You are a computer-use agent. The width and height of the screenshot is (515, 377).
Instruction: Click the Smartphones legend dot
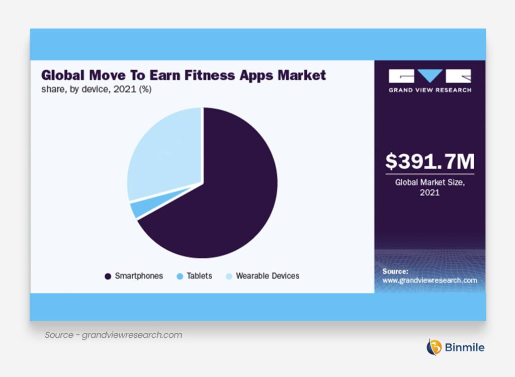tap(108, 276)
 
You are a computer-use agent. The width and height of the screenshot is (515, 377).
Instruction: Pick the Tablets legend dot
tap(180, 276)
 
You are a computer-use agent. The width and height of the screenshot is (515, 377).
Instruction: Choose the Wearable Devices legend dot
tap(229, 276)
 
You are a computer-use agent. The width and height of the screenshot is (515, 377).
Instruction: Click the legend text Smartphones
tap(139, 276)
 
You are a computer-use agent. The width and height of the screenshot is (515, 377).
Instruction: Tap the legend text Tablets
tap(199, 276)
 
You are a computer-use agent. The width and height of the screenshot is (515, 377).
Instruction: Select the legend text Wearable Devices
tap(268, 276)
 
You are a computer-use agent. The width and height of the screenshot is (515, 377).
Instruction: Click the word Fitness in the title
tap(210, 75)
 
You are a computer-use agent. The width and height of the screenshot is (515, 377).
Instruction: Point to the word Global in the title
tap(63, 75)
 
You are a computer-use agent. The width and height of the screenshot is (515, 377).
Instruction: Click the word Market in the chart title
tap(302, 75)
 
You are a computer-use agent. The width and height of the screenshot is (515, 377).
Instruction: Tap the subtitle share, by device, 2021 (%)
tap(96, 89)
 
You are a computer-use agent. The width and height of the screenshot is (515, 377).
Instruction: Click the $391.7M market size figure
tap(430, 161)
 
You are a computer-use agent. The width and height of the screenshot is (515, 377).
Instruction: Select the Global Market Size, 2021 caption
tap(430, 187)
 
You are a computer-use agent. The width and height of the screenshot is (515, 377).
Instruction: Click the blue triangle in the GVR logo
tap(430, 76)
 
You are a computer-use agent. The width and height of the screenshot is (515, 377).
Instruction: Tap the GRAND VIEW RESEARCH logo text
tap(430, 90)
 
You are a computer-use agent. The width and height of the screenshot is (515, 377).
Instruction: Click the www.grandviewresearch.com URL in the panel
tap(430, 280)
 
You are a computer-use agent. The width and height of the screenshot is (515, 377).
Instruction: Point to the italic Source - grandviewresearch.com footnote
tap(113, 335)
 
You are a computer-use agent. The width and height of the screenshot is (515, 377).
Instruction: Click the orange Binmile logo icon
tap(434, 347)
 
